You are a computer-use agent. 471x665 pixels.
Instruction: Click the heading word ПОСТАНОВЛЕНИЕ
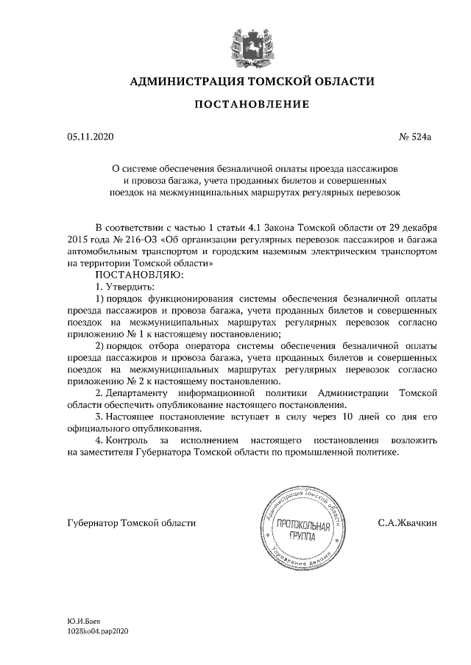tap(252, 106)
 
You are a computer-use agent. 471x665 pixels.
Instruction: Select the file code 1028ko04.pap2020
tap(97, 631)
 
